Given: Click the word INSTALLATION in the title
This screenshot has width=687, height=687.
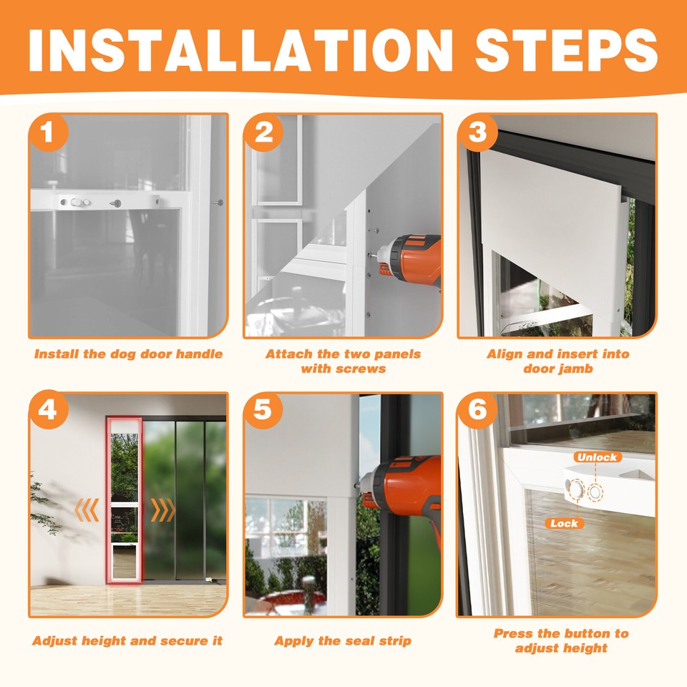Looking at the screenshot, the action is pos(240,50).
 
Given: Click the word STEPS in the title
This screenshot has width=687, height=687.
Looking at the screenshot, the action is pos(566,50).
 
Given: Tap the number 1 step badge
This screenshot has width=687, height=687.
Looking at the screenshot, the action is pos(48,132).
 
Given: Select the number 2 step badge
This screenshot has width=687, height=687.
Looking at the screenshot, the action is pos(263,132).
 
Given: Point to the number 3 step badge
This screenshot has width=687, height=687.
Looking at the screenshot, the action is pos(477,132).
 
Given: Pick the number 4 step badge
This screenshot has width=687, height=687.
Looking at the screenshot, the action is pos(48,410).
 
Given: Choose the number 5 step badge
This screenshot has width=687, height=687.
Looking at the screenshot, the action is pos(263,410).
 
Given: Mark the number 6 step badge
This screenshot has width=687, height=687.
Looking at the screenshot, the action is pos(477,410).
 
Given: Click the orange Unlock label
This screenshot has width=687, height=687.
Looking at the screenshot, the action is pos(597,457).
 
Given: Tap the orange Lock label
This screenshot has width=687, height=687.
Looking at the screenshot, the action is pos(564,523).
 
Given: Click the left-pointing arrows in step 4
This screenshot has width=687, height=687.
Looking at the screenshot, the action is pos(87,510).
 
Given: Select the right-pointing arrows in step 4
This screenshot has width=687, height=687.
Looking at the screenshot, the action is pos(163,510).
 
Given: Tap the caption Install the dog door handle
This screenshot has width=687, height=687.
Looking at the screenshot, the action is pos(128,354).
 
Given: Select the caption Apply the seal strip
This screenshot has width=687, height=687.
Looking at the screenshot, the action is pos(343,641).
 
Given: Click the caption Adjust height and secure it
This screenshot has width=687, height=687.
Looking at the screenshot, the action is pos(127,641).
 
